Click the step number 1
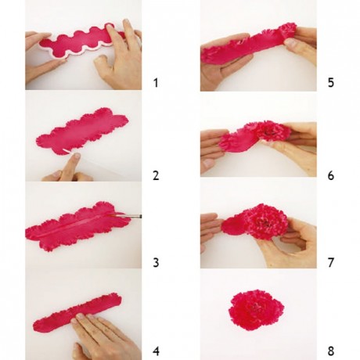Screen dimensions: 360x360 coord(156,81)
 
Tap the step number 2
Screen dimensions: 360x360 coord(156,175)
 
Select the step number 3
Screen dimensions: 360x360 coord(156,262)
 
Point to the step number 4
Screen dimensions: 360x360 coord(156,350)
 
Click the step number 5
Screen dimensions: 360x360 coord(330,81)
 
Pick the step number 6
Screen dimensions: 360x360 coord(330,175)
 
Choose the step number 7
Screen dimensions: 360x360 coord(330,262)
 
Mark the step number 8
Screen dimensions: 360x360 coord(330,350)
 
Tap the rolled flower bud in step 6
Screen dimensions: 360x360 coord(271,132)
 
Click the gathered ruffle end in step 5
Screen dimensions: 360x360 coord(286,33)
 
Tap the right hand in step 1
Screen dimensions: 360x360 coord(121,59)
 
